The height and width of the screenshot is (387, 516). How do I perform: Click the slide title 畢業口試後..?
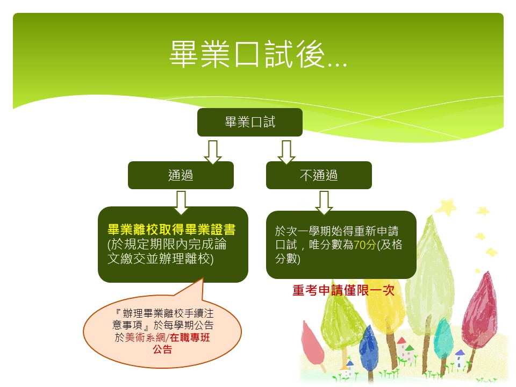[259, 54]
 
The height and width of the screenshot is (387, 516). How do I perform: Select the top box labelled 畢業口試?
[250, 122]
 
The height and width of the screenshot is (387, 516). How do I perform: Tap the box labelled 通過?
[181, 175]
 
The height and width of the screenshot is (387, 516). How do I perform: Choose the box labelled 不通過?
[319, 175]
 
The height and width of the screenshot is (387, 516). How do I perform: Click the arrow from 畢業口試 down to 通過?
[213, 152]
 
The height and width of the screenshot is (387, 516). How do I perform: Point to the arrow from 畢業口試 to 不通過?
[286, 152]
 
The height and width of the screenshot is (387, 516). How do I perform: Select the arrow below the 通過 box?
[181, 203]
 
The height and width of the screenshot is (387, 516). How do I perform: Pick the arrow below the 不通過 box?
[324, 203]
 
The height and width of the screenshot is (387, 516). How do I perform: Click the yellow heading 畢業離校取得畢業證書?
[171, 230]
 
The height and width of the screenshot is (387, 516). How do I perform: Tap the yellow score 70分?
[364, 245]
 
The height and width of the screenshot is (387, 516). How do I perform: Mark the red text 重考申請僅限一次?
[343, 290]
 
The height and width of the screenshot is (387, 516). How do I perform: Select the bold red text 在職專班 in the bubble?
[190, 338]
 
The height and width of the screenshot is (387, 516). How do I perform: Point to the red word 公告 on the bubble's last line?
[162, 349]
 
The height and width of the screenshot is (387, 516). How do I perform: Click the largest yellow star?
[446, 207]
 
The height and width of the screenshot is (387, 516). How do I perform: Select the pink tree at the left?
[312, 344]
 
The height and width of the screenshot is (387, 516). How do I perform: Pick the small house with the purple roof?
[460, 359]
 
